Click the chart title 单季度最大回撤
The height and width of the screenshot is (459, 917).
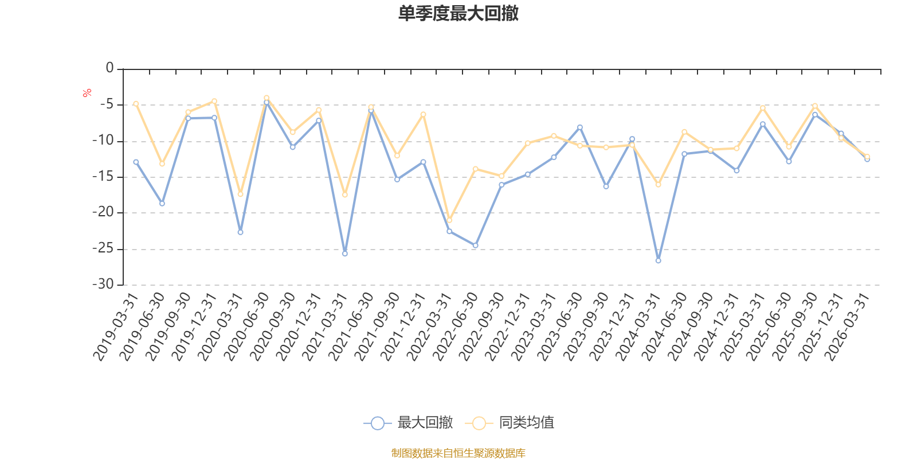pos(458,14)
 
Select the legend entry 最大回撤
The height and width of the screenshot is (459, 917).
pos(408,423)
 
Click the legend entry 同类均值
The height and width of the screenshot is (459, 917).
pos(510,423)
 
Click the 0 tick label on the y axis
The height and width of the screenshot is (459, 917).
pos(109,68)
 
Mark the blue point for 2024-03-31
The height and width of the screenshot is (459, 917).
pos(658,260)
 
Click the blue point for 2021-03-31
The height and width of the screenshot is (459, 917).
pos(344,253)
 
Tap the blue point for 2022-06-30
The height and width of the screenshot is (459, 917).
pos(475,246)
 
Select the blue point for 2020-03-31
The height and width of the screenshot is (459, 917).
pos(240,232)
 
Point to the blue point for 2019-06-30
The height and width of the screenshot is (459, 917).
pos(162,204)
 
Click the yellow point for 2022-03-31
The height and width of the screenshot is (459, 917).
pos(449,220)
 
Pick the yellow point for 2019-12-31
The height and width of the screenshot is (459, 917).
pos(214,101)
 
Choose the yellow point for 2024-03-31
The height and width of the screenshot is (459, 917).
pos(658,185)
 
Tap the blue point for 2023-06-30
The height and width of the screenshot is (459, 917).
pos(580,127)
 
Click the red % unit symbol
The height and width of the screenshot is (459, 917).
pos(87,93)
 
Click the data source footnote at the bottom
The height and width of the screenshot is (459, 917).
pos(458,453)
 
